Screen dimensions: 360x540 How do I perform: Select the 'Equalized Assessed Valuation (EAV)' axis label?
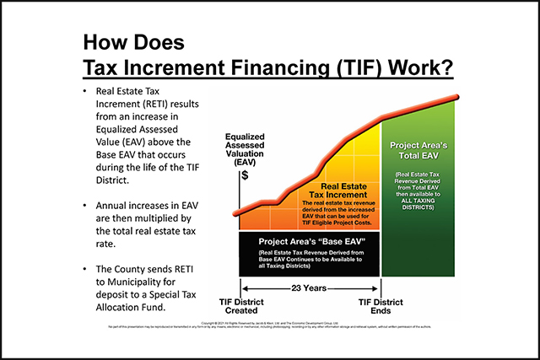coord(244,149)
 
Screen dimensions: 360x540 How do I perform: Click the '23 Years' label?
coord(309,287)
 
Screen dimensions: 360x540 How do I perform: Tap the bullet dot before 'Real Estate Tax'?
coord(87,89)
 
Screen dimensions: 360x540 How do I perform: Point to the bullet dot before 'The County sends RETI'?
coord(87,268)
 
